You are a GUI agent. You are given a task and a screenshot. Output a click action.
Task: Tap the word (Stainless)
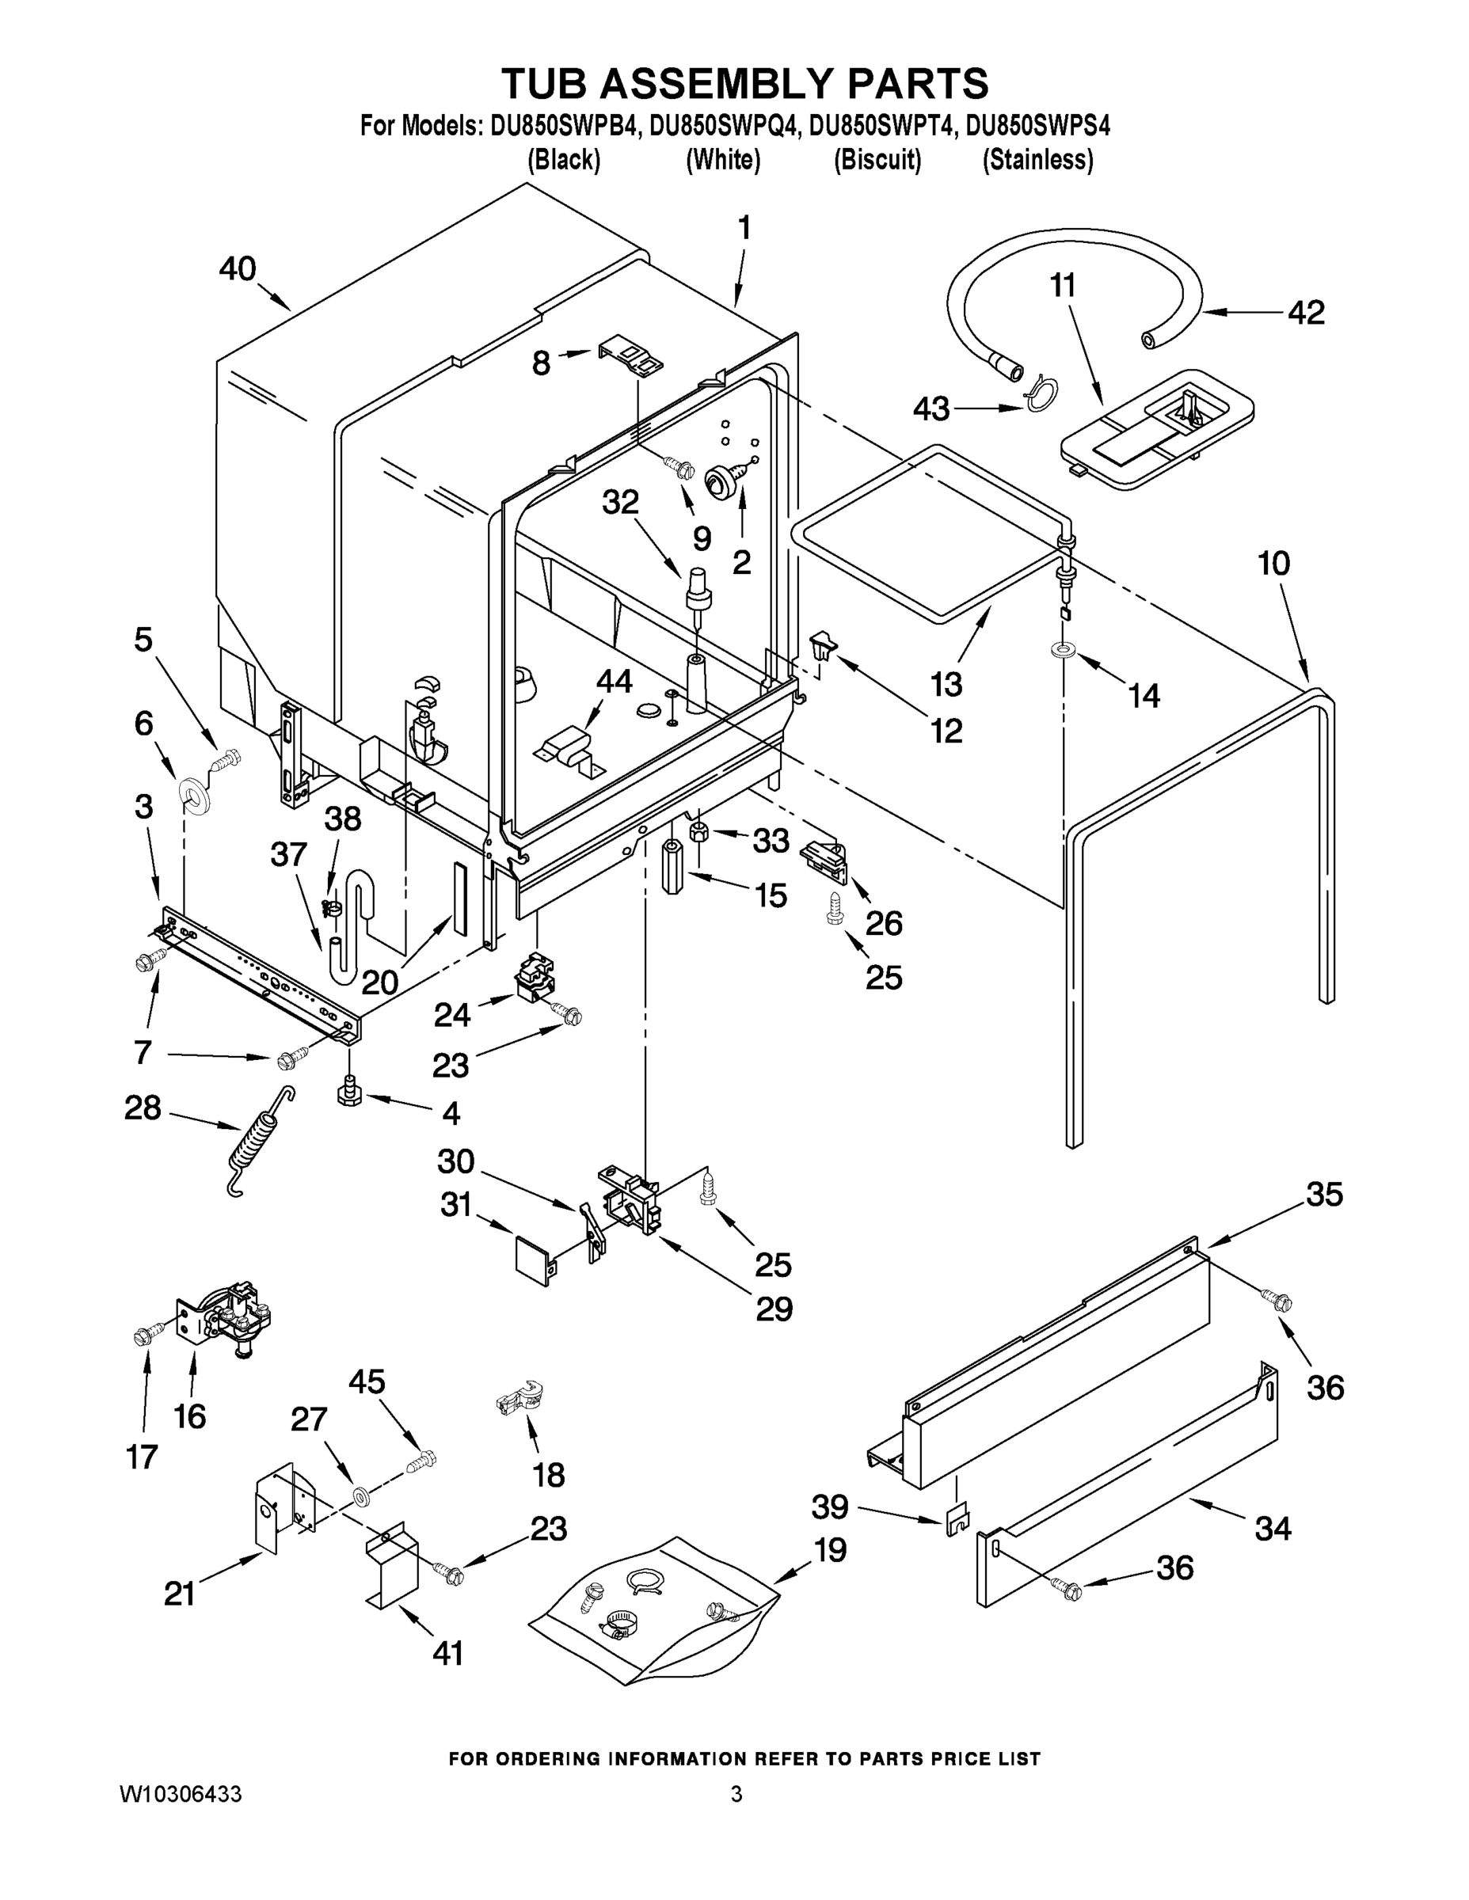[x=1037, y=160]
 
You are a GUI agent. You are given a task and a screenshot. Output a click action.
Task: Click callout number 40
[x=237, y=269]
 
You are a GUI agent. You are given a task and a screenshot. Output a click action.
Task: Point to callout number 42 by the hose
[x=1305, y=313]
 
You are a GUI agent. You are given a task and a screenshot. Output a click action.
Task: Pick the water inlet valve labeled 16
[x=221, y=1319]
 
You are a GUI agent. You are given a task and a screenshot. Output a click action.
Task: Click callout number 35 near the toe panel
[x=1323, y=1195]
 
